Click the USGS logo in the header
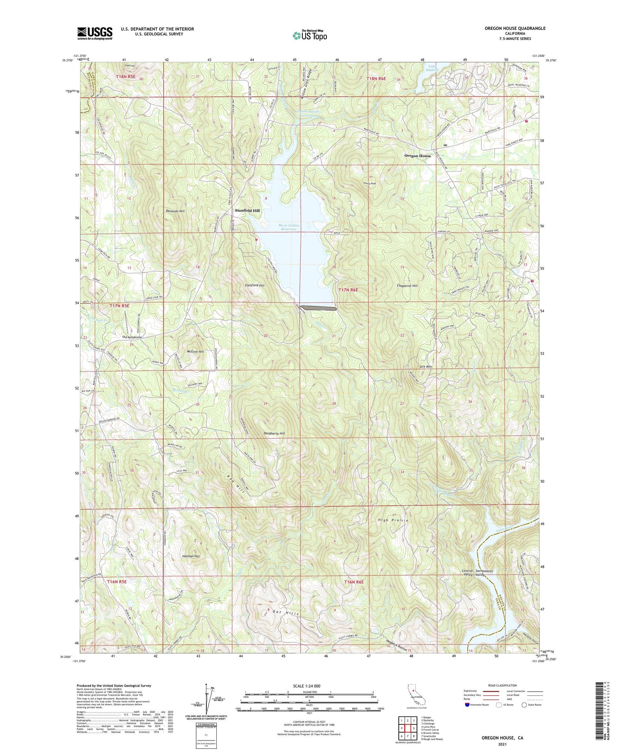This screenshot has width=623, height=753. click(x=95, y=33)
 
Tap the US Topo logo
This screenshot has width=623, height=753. click(x=309, y=35)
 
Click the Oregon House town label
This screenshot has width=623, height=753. click(x=418, y=156)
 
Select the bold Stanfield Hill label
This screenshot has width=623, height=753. click(x=247, y=211)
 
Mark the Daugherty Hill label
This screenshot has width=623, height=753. click(x=274, y=433)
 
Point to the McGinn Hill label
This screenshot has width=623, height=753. click(x=195, y=351)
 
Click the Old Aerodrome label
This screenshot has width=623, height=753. click(x=132, y=337)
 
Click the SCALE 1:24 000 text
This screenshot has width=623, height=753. click(x=307, y=686)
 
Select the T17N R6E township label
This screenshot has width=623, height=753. click(x=348, y=290)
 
